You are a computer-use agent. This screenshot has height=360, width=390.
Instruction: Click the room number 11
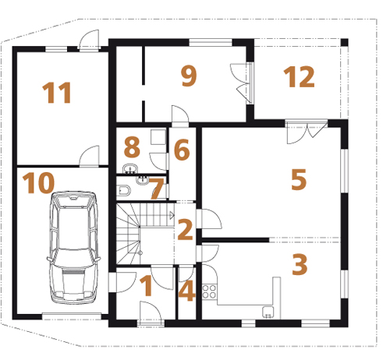[x=57, y=93]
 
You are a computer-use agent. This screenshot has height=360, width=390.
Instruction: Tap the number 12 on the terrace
[x=299, y=76]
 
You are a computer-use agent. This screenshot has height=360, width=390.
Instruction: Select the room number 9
[x=189, y=76]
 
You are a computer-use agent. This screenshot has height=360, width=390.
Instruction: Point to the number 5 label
[x=299, y=179]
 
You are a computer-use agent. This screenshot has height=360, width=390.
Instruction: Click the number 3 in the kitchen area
[x=300, y=264]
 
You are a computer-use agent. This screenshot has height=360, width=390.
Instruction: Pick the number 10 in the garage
[x=38, y=183]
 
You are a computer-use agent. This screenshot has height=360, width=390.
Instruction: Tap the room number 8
[x=132, y=147]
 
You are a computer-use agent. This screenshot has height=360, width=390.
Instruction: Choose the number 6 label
[x=182, y=150]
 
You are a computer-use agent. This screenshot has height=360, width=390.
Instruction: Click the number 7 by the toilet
[x=157, y=189]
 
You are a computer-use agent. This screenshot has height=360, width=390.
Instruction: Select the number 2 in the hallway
[x=185, y=229]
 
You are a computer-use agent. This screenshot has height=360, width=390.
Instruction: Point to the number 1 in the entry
[x=147, y=286]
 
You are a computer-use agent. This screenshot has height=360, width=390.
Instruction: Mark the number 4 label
[x=186, y=291]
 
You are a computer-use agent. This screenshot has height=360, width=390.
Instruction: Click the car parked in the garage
[x=74, y=248]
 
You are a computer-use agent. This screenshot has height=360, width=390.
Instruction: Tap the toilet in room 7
[x=124, y=190]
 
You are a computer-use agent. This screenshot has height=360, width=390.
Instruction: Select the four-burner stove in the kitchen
[x=209, y=291]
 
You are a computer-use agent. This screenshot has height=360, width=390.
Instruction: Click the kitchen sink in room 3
[x=268, y=312]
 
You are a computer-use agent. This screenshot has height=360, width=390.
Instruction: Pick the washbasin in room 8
[x=130, y=169]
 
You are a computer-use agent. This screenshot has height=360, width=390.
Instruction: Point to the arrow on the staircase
[x=172, y=214]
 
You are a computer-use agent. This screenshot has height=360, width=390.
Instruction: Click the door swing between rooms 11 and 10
[x=89, y=156]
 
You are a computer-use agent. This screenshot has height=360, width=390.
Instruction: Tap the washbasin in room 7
[x=142, y=180]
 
